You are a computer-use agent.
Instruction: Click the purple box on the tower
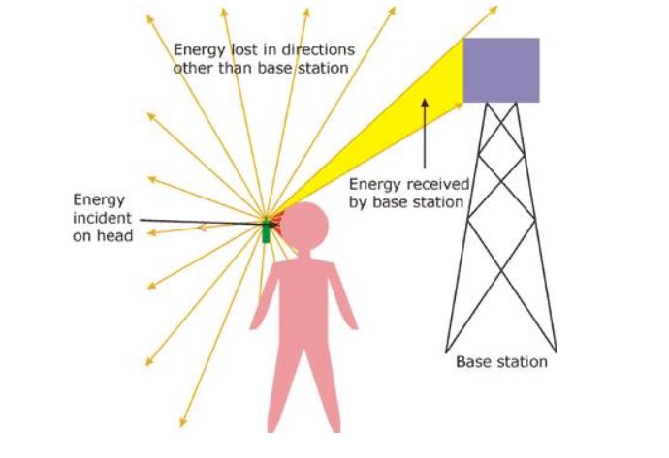pyautogui.click(x=500, y=70)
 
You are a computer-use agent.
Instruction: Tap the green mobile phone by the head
pyautogui.click(x=268, y=229)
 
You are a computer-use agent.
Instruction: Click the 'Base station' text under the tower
pyautogui.click(x=501, y=362)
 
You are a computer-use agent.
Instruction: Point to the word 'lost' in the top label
pyautogui.click(x=240, y=49)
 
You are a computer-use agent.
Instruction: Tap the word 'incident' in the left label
pyautogui.click(x=98, y=217)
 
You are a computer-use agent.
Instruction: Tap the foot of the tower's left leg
pyautogui.click(x=447, y=349)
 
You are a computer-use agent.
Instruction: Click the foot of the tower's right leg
pyautogui.click(x=557, y=349)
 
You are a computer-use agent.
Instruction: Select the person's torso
pyautogui.click(x=303, y=290)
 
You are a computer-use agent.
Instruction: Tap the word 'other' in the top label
pyautogui.click(x=189, y=68)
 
